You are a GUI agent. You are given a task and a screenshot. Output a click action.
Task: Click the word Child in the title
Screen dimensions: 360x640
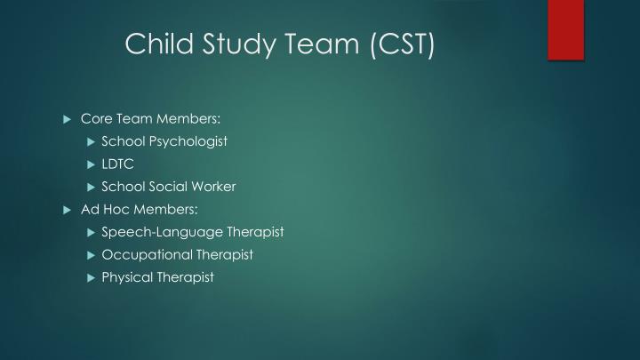156,44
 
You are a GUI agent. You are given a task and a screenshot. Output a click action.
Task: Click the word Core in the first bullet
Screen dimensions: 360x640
95,118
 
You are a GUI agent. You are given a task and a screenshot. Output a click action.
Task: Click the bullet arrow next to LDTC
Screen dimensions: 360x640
91,164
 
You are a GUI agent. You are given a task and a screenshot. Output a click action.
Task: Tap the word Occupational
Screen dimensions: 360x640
140,254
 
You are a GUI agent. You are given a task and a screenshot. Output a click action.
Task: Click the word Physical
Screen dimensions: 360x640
126,277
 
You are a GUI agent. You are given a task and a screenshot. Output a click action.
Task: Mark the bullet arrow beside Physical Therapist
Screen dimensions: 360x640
91,277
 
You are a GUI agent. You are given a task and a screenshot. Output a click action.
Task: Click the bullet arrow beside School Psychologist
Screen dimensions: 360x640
91,141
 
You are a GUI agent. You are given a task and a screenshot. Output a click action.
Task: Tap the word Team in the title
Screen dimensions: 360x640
315,44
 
